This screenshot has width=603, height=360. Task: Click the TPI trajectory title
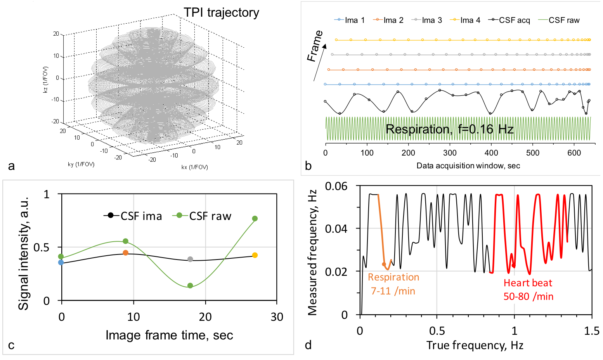click(x=221, y=12)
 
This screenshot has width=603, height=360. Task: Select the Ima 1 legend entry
click(x=350, y=20)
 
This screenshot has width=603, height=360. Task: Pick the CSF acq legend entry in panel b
click(x=510, y=20)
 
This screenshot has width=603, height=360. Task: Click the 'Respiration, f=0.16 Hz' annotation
click(x=449, y=129)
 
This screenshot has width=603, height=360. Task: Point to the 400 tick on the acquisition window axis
click(x=491, y=153)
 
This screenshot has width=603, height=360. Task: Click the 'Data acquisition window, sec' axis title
click(x=468, y=166)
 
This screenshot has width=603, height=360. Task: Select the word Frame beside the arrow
click(x=315, y=46)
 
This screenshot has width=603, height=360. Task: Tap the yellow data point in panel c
click(x=255, y=255)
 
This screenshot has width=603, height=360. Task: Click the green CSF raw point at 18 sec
click(x=190, y=286)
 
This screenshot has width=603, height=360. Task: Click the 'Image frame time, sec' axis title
click(x=169, y=335)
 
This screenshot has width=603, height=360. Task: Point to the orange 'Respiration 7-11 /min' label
click(x=393, y=284)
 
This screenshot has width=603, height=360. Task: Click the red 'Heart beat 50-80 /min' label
click(x=528, y=289)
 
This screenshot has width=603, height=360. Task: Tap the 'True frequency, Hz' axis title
click(x=475, y=345)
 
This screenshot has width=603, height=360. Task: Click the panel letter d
click(x=308, y=345)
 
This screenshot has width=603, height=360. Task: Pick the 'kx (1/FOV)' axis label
click(x=195, y=167)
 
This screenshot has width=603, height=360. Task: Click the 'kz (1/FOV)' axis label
click(x=46, y=80)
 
